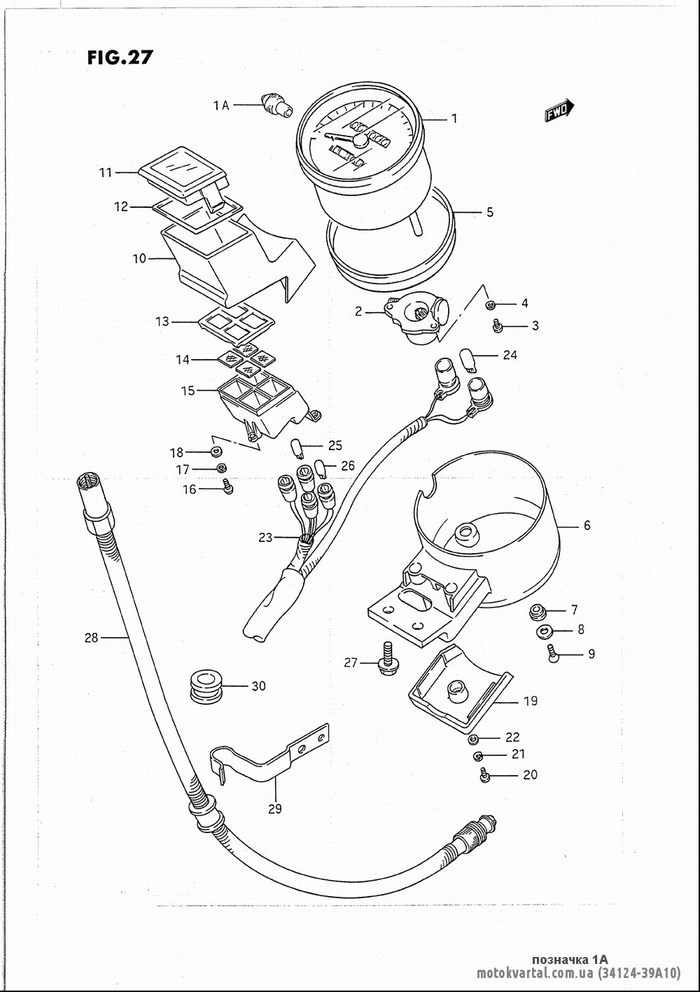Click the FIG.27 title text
[120, 57]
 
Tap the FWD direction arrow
[559, 111]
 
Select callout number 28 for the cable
[91, 638]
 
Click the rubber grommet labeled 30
[206, 686]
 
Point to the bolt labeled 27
[386, 659]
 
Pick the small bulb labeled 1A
[277, 106]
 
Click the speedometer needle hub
[360, 141]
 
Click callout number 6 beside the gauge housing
[587, 525]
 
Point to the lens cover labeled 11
[183, 174]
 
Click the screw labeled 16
[228, 488]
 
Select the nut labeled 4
[490, 305]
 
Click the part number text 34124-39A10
[639, 973]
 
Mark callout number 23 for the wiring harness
[265, 538]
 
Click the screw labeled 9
[553, 653]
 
